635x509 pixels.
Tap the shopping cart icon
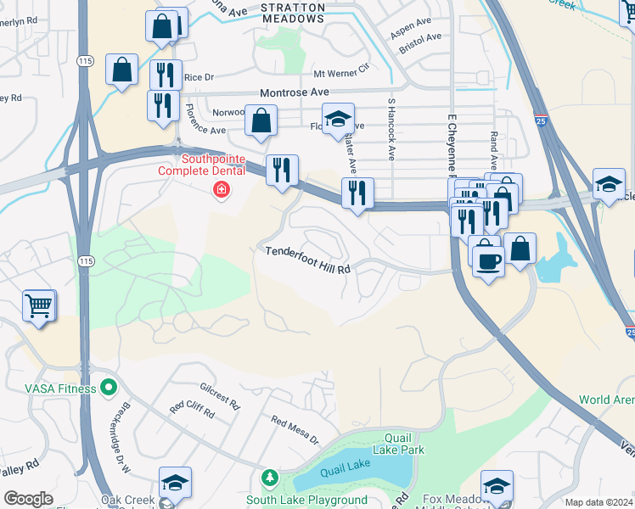[38, 306]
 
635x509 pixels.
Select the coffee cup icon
[487, 260]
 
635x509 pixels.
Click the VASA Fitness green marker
[108, 389]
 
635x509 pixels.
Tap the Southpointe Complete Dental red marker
[222, 190]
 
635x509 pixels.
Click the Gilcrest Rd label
[222, 396]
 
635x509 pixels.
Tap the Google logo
[28, 499]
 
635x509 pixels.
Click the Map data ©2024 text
[598, 502]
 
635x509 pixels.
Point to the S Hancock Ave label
[391, 129]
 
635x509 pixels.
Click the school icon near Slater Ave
[337, 120]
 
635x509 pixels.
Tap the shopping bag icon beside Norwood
[261, 121]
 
